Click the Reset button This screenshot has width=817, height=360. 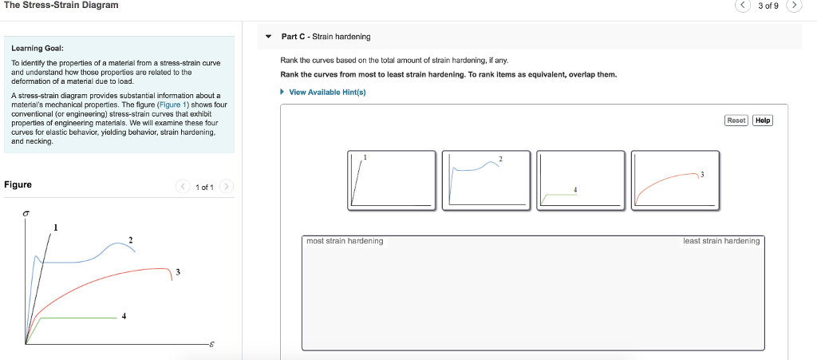click(x=736, y=121)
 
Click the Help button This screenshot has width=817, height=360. click(x=763, y=121)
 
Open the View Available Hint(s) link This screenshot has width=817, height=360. click(x=327, y=92)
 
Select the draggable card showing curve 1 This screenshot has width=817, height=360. click(x=391, y=180)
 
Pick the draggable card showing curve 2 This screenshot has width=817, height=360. click(x=485, y=180)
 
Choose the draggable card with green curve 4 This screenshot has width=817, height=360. click(x=580, y=180)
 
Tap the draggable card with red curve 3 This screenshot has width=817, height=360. click(x=674, y=180)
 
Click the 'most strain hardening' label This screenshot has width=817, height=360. click(x=345, y=241)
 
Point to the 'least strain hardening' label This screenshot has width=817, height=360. click(x=721, y=241)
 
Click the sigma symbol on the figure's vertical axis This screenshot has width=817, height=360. click(x=26, y=215)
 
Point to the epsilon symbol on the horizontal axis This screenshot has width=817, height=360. click(x=211, y=345)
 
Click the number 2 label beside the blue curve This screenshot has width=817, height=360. click(x=131, y=239)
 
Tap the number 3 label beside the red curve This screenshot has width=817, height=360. click(x=178, y=272)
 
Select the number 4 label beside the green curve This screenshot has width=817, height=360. click(x=124, y=316)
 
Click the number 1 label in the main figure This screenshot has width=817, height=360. click(x=55, y=228)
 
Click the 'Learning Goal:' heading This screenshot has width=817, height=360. click(x=32, y=49)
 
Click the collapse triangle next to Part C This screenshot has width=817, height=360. click(x=269, y=37)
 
